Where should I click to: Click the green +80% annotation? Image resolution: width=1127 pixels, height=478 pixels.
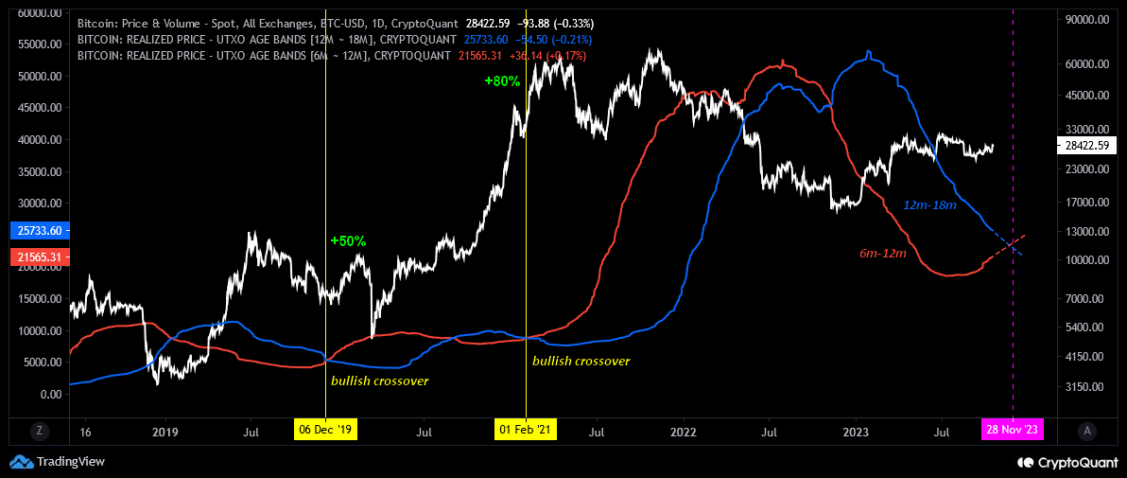pos(502,81)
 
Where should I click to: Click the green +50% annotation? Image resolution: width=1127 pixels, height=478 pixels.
pos(348,241)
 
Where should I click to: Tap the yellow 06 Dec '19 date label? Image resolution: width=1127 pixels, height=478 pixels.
pos(324,431)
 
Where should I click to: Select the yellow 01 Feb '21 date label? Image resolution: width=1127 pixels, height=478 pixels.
pos(526,431)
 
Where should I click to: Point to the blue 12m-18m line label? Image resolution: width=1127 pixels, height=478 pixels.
pos(930,205)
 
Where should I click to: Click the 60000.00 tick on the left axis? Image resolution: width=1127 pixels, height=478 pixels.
pos(37,14)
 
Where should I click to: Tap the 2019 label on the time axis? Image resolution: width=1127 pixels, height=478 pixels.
pos(165,431)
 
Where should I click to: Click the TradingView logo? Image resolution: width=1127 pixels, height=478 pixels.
pos(58,462)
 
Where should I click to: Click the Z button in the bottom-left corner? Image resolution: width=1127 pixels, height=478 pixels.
pos(40,431)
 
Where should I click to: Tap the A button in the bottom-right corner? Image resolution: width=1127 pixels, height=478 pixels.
pos(1087,431)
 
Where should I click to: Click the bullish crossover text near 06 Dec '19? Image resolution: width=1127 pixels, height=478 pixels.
pos(379,381)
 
